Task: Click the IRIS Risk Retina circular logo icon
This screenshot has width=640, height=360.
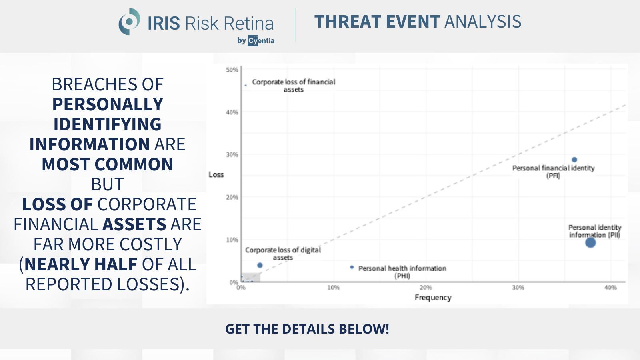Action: pyautogui.click(x=129, y=22)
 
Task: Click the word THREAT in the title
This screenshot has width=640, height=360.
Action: pyautogui.click(x=348, y=22)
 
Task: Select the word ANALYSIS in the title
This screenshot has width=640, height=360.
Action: pyautogui.click(x=483, y=22)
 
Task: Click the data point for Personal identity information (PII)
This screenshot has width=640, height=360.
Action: pyautogui.click(x=590, y=242)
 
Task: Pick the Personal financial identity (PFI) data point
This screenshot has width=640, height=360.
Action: pyautogui.click(x=574, y=160)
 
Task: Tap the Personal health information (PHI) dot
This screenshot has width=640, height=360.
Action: pyautogui.click(x=352, y=267)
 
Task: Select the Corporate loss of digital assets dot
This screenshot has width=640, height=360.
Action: pyautogui.click(x=260, y=265)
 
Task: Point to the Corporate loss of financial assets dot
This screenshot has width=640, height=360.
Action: pyautogui.click(x=246, y=85)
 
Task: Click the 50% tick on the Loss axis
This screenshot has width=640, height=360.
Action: pyautogui.click(x=232, y=70)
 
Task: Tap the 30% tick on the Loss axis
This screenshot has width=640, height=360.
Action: pyautogui.click(x=232, y=154)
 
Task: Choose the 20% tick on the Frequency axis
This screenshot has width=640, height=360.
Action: pyautogui.click(x=426, y=288)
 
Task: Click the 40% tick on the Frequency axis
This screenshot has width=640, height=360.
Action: pyautogui.click(x=610, y=288)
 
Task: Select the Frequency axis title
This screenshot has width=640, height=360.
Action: pyautogui.click(x=433, y=298)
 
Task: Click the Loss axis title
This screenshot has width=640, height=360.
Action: pyautogui.click(x=216, y=174)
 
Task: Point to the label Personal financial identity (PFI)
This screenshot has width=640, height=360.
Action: pyautogui.click(x=554, y=172)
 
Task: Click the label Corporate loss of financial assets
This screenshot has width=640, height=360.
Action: pyautogui.click(x=294, y=86)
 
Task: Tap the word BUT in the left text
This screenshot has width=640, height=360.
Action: pyautogui.click(x=108, y=184)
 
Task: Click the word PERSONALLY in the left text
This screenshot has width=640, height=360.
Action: pyautogui.click(x=108, y=104)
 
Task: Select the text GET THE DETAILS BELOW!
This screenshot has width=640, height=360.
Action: pyautogui.click(x=307, y=329)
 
